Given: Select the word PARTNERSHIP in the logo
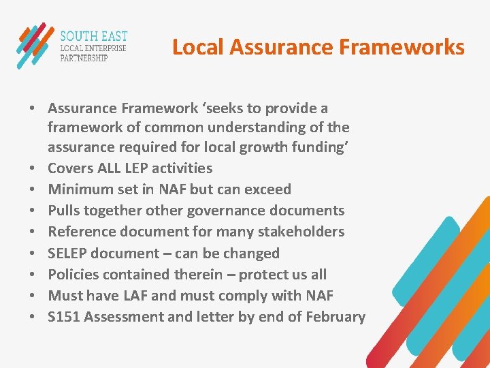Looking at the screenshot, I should click(84, 58).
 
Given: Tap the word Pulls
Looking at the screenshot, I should click(65, 211).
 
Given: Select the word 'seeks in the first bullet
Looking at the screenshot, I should click(233, 108).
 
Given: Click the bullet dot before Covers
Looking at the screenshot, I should click(32, 169).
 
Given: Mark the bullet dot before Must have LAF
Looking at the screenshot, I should click(32, 296).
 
